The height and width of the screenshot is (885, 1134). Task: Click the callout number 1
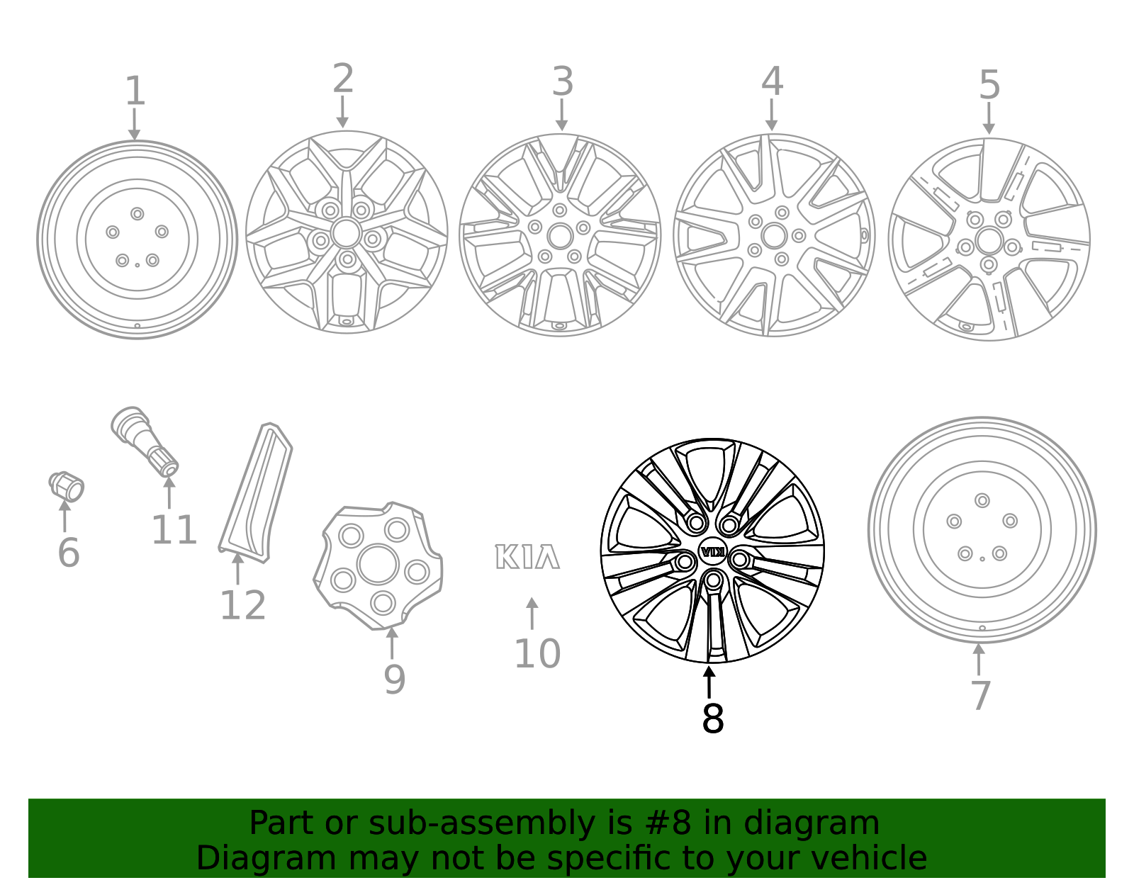(135, 92)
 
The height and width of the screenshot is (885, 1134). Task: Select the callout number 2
(343, 79)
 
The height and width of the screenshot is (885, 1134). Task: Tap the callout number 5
(989, 86)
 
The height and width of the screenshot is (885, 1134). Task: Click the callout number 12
(242, 606)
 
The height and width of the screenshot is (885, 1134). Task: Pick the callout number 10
(537, 653)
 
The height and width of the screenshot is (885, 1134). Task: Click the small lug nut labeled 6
(67, 486)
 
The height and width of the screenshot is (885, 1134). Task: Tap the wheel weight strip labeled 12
(256, 492)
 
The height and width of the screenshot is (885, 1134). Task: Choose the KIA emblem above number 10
(527, 557)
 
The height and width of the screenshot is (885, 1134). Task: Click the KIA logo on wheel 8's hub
(712, 551)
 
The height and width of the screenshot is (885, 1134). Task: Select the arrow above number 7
(979, 659)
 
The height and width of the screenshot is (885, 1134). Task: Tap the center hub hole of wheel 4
(774, 236)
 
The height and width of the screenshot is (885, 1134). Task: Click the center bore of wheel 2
(346, 232)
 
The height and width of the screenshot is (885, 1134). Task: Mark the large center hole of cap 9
(378, 565)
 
